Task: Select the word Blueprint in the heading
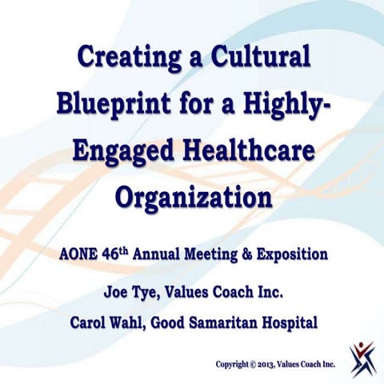(112, 104)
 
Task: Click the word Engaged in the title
(123, 150)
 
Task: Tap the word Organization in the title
(192, 195)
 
